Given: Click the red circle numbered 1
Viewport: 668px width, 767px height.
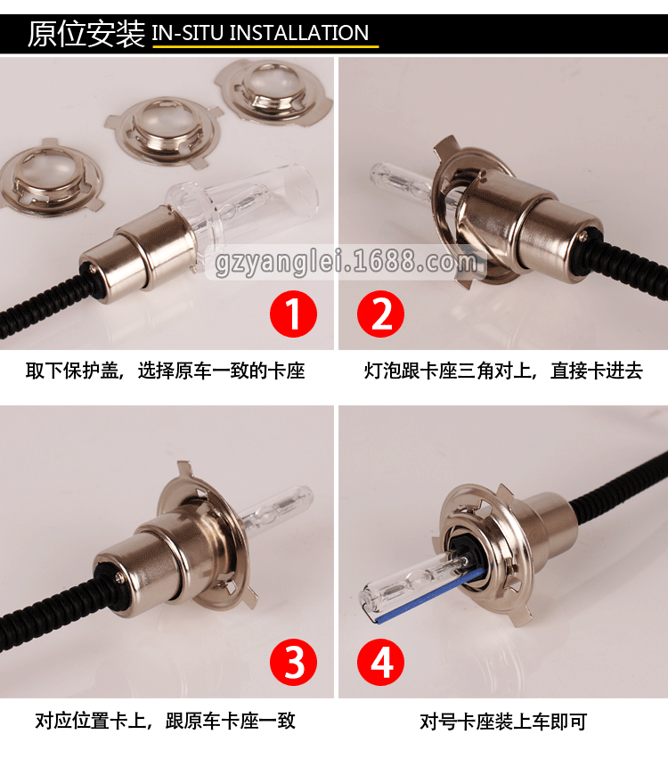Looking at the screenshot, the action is [x=293, y=314].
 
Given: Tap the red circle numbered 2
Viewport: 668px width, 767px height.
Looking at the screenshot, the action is [x=381, y=314].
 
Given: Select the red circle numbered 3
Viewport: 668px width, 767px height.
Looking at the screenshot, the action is [x=293, y=662].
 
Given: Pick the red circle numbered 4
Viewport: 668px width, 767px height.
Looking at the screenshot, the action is [x=381, y=662].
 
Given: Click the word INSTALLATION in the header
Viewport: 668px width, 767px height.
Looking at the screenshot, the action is [x=298, y=33].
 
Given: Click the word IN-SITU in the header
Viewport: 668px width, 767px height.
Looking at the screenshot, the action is [x=188, y=33].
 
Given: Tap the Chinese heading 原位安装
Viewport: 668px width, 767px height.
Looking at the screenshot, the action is [x=86, y=34].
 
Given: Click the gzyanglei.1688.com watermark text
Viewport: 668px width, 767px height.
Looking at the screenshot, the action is [x=346, y=262].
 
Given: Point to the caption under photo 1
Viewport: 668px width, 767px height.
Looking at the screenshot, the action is [x=166, y=371].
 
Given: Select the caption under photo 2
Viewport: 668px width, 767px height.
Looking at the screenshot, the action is [x=503, y=371].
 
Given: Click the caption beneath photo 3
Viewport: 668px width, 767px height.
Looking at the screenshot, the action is [x=166, y=721].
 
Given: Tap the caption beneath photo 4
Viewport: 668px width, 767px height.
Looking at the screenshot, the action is [x=503, y=722].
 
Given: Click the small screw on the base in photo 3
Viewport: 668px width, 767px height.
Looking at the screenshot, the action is [x=118, y=577].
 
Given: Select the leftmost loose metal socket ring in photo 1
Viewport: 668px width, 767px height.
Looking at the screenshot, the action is [x=51, y=178].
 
